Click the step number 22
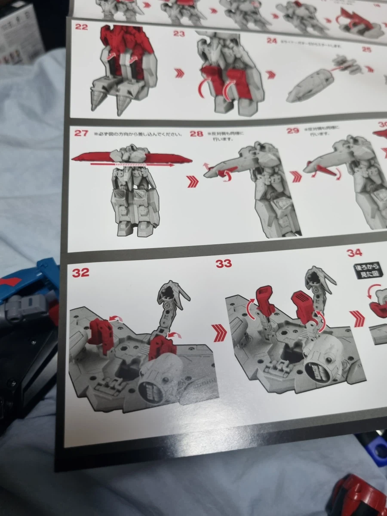(82, 27)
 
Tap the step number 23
(179, 34)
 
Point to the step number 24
(271, 41)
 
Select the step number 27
(81, 132)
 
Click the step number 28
(197, 134)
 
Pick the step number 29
(293, 130)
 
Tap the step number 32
(81, 273)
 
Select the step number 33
(224, 264)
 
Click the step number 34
(354, 253)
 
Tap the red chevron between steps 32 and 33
(219, 333)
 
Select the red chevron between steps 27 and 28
(193, 182)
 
